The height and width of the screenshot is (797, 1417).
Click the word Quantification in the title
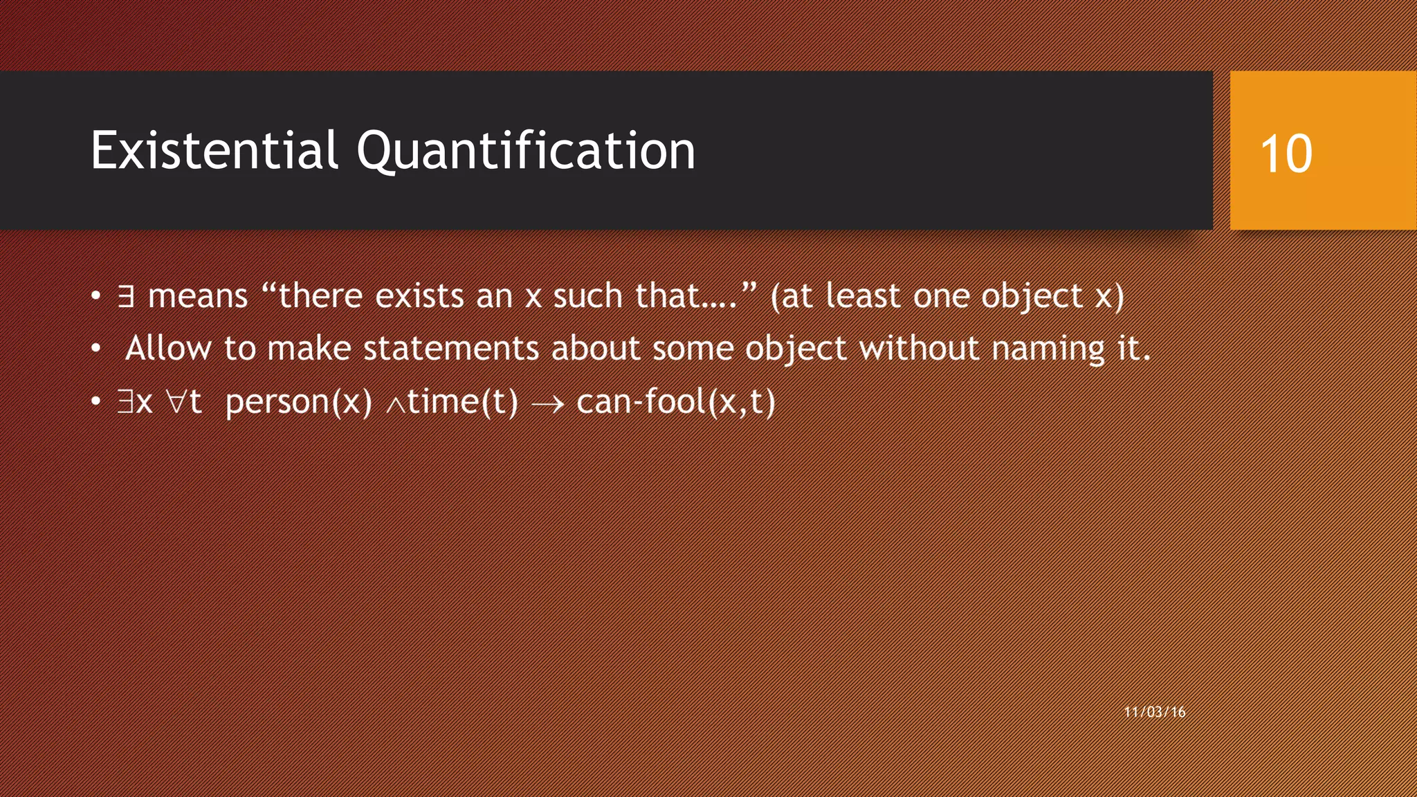point(526,150)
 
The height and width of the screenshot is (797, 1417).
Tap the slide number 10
point(1286,154)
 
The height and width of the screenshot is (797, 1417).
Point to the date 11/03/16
point(1155,712)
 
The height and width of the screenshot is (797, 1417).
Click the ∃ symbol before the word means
point(125,297)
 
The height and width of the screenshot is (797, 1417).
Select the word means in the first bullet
point(198,297)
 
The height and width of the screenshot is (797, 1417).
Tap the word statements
point(450,348)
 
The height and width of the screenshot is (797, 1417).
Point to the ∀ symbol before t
point(176,402)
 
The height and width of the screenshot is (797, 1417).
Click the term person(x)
point(299,402)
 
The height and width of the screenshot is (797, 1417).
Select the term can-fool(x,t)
point(675,402)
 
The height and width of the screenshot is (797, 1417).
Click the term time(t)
point(462,402)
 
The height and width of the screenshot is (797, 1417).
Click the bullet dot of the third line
point(96,402)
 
